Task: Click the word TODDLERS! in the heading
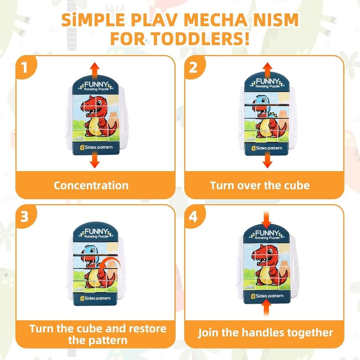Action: point(200,38)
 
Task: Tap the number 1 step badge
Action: point(25,67)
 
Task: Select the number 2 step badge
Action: point(194,67)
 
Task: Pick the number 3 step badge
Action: point(25,216)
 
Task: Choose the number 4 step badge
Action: point(194,216)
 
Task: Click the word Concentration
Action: point(91,186)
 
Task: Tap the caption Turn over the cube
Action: point(260,186)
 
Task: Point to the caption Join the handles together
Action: point(265,333)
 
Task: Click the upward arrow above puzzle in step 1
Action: point(94,70)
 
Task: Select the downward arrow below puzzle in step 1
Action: point(94,160)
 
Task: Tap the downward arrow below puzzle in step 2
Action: point(267,160)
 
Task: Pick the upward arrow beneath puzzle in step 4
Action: point(266,308)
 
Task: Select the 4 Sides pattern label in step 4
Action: point(267,296)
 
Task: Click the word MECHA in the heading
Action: point(215,20)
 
